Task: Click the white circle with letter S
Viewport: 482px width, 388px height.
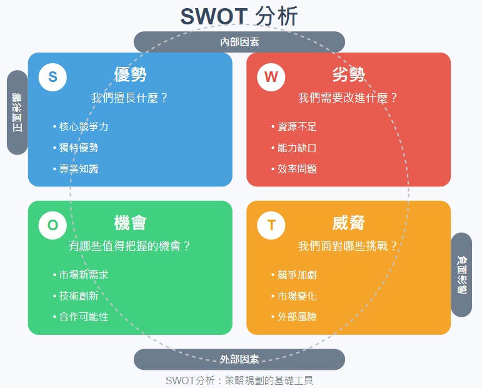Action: [x=53, y=77]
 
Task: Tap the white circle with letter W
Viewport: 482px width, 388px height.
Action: [x=271, y=77]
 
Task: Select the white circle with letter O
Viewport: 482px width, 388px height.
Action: [x=53, y=225]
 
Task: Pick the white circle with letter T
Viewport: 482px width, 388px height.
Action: [x=271, y=225]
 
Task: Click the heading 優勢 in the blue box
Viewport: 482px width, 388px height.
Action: [x=130, y=74]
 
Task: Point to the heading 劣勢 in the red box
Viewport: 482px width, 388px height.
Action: [x=349, y=74]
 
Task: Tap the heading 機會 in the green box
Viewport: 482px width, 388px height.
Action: [x=130, y=223]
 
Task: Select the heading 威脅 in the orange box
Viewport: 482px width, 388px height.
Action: [x=349, y=223]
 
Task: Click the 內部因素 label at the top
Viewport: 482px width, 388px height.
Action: [x=239, y=42]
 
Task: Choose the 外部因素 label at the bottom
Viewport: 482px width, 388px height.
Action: [x=239, y=359]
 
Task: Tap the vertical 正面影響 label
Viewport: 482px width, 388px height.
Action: [x=18, y=113]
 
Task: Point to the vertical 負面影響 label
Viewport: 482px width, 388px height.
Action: [x=462, y=275]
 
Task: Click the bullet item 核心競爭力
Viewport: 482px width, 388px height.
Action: [x=81, y=126]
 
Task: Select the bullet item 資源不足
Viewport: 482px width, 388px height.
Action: [x=294, y=126]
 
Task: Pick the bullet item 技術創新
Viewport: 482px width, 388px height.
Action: [x=76, y=295]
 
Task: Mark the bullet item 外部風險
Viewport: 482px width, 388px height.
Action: [x=294, y=317]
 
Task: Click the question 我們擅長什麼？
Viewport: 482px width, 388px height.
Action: [x=130, y=98]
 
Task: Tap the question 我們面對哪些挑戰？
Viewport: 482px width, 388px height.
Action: [x=348, y=246]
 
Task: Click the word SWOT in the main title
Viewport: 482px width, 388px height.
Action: [x=214, y=16]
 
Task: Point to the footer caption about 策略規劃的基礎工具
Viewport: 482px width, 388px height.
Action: [x=239, y=380]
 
